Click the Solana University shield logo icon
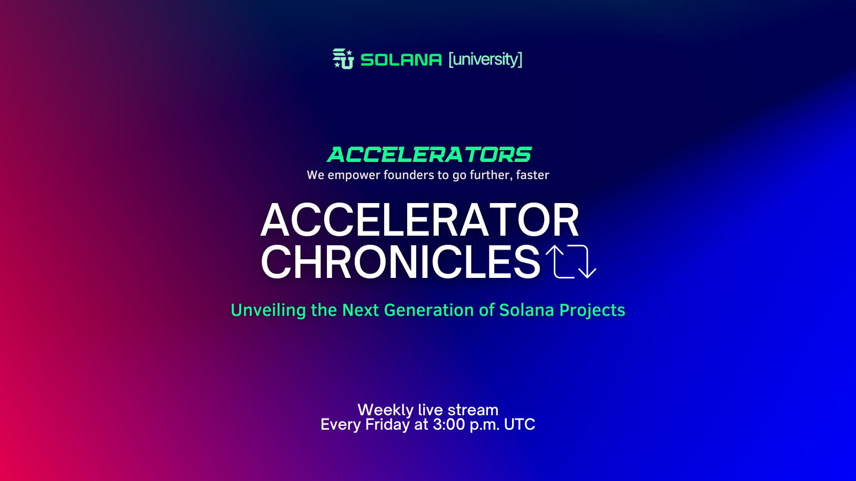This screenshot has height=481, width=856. (343, 59)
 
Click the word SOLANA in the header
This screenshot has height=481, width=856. (401, 60)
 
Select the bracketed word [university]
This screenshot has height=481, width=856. (485, 59)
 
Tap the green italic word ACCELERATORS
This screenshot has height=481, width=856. (429, 154)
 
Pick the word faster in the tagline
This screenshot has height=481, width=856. (532, 175)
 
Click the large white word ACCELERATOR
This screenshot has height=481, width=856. (419, 221)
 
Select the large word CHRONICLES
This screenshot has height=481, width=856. (401, 262)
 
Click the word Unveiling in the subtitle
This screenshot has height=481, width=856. (268, 310)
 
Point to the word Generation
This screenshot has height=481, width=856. (429, 310)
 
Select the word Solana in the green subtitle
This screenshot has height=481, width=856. (526, 310)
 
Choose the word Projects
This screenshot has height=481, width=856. (592, 311)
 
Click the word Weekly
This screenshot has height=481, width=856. (386, 410)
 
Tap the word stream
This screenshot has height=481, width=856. (473, 410)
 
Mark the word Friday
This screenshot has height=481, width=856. (387, 425)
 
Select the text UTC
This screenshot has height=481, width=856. (519, 424)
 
